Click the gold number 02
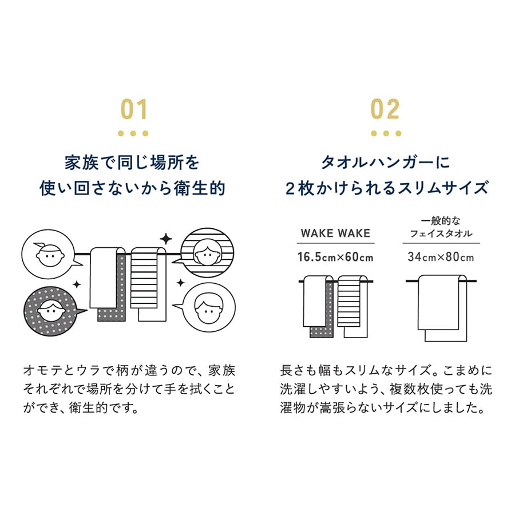385,109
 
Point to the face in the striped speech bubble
205,251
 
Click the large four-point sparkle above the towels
165,238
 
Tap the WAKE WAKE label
335,233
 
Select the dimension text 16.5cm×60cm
335,257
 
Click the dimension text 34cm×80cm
441,257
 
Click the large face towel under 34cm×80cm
442,306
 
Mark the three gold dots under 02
385,134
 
